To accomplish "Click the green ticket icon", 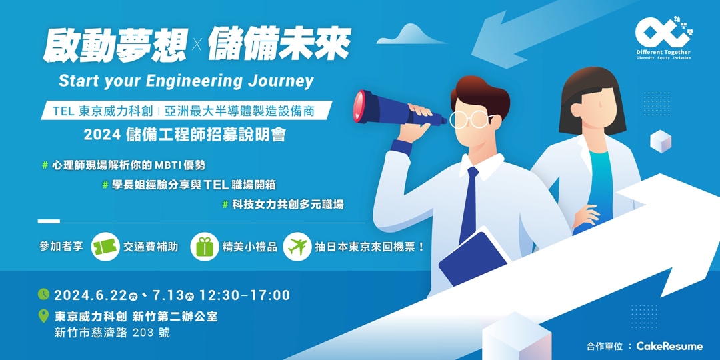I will [x=105, y=247].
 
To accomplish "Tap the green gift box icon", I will [x=204, y=247].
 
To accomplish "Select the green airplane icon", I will [x=297, y=247].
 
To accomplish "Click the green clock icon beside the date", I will [x=44, y=294].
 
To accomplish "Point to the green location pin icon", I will [x=44, y=317].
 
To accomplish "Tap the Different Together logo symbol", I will [x=660, y=31].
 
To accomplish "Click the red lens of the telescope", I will [x=360, y=105].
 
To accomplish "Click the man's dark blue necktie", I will [x=469, y=203].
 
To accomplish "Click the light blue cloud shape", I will [x=420, y=34].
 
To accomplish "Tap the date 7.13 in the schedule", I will [x=167, y=295].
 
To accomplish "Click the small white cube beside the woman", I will [x=660, y=141].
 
